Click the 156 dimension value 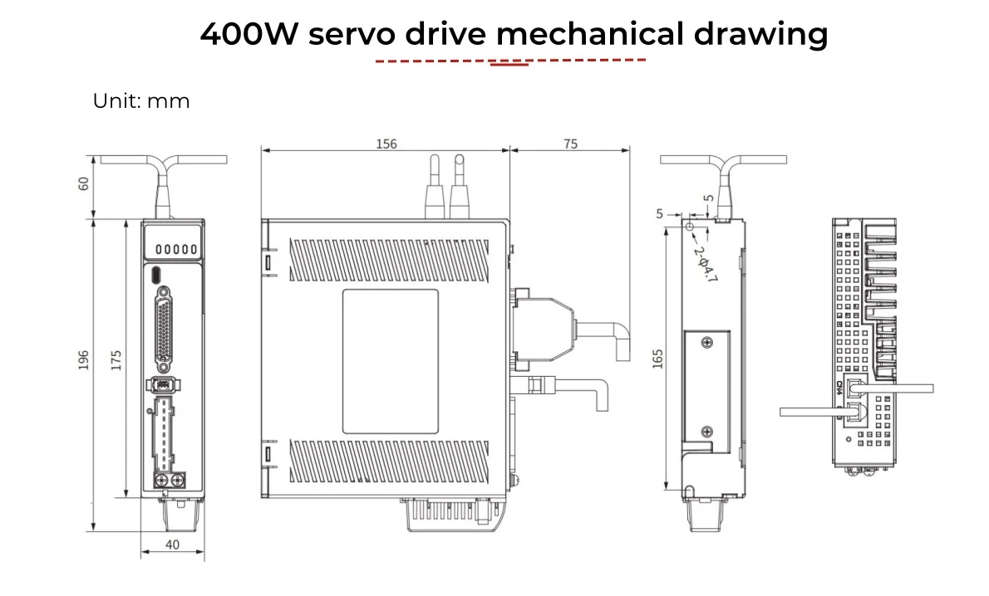[386, 144]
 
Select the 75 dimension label [569, 144]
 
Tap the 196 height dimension [83, 359]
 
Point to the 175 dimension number [116, 359]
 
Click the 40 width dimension [172, 545]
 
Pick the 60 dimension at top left [83, 183]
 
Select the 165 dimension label [657, 359]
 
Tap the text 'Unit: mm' [141, 101]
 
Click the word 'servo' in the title [353, 35]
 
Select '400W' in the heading [247, 35]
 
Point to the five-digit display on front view [172, 249]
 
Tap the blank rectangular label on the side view [390, 361]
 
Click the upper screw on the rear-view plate [706, 343]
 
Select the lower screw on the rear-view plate [706, 430]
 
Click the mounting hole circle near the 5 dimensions [690, 226]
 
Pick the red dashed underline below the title [510, 61]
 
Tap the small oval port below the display [156, 275]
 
